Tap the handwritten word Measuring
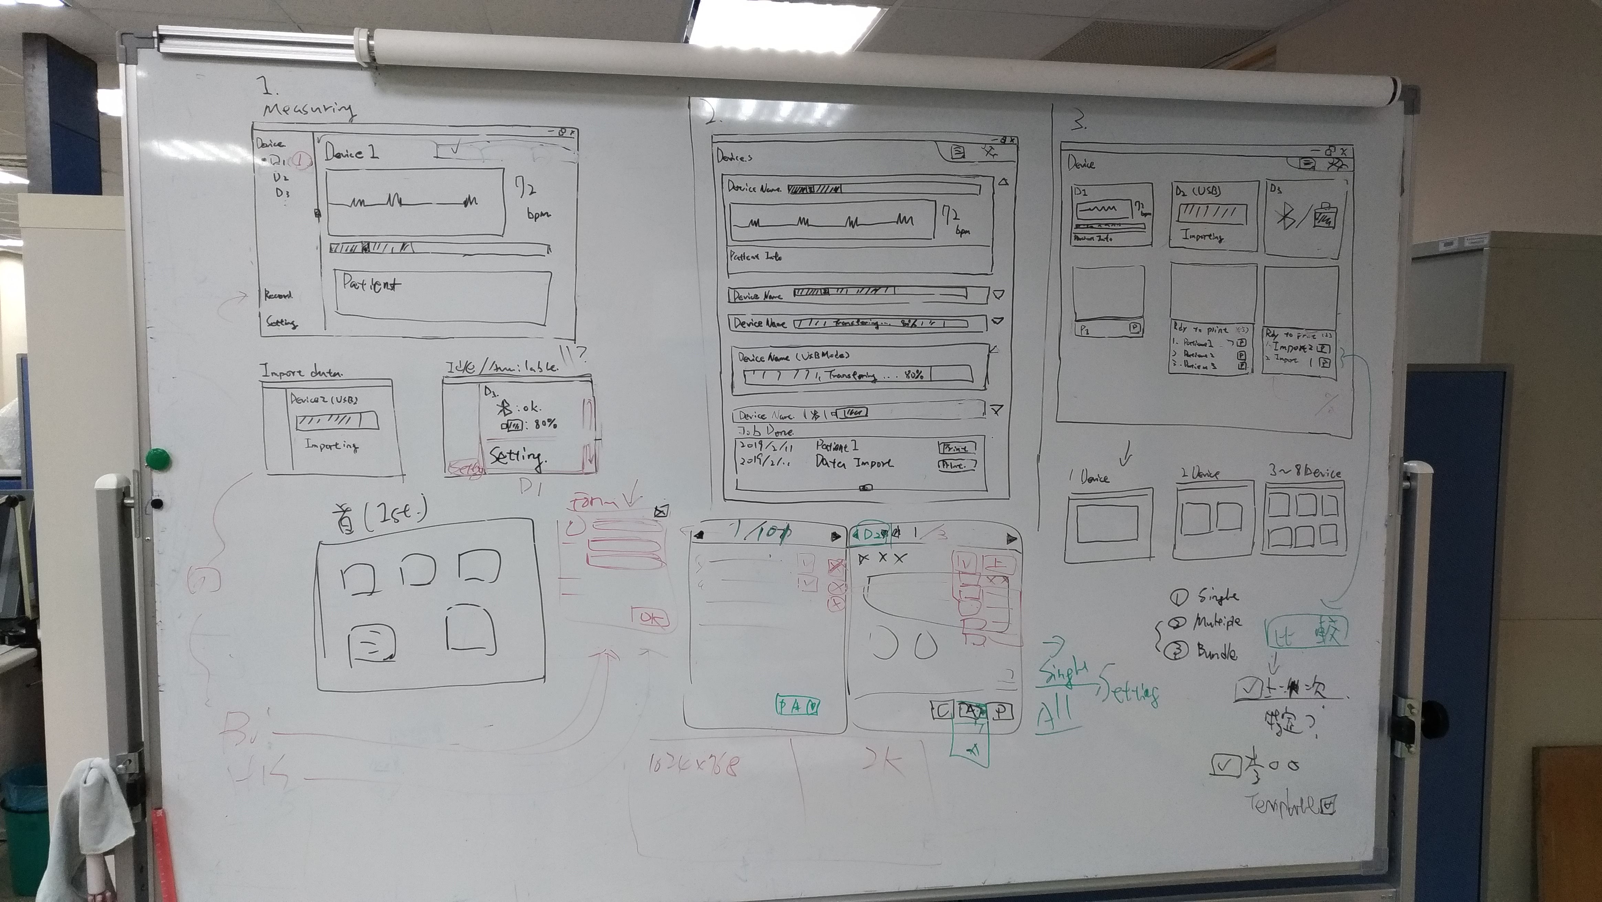point(308,109)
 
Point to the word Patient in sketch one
point(371,285)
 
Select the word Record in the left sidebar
point(278,295)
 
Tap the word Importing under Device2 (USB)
point(331,445)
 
